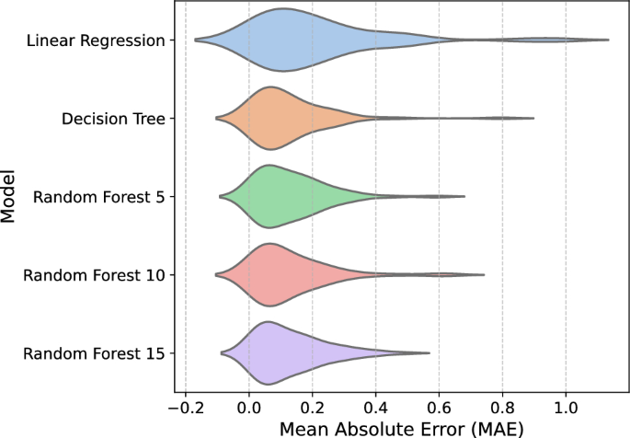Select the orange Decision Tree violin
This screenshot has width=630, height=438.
pos(271,118)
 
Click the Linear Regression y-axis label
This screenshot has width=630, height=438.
pos(96,40)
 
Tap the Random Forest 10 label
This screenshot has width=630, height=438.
pos(95,275)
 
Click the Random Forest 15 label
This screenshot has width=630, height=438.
pos(95,353)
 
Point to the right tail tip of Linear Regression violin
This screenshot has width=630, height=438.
pos(608,40)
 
